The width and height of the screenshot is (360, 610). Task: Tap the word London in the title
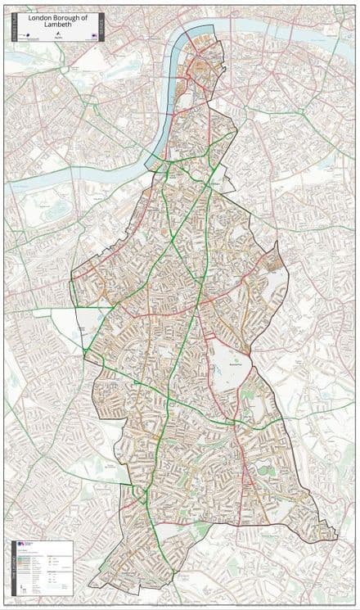click(40, 16)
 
